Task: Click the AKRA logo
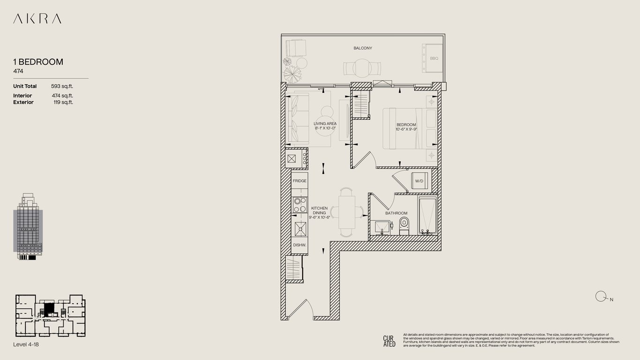(x=37, y=19)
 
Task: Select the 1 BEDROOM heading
(x=38, y=62)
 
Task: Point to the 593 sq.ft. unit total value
(x=62, y=86)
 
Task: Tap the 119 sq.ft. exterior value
(x=63, y=102)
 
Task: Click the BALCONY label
(x=363, y=48)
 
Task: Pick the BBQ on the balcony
(x=432, y=58)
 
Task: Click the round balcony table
(x=362, y=68)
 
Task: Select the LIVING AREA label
(x=325, y=124)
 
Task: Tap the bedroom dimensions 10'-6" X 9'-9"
(x=406, y=129)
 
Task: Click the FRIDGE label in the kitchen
(x=299, y=181)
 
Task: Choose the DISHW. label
(x=299, y=245)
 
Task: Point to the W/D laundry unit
(x=419, y=181)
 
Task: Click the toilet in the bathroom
(x=404, y=226)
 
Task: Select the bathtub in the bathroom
(x=427, y=215)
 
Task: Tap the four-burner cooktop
(x=300, y=205)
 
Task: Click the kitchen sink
(x=300, y=229)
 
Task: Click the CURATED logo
(x=389, y=341)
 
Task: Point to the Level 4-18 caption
(x=26, y=344)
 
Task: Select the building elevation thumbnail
(x=28, y=226)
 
